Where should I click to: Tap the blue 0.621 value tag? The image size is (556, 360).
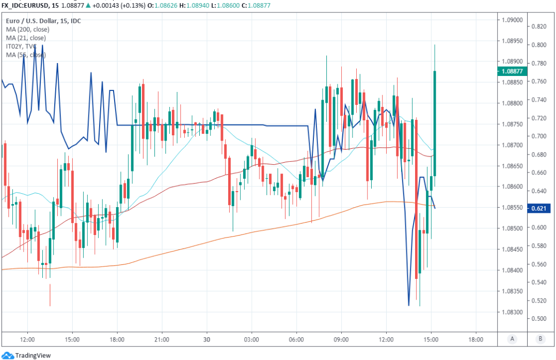538,208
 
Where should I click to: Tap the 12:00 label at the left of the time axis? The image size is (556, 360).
27,339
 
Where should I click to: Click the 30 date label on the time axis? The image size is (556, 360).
206,339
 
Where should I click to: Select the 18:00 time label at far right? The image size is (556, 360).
475,339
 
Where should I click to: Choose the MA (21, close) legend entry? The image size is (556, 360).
26,38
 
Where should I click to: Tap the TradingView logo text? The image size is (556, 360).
33,355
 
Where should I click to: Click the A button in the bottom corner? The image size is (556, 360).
512,339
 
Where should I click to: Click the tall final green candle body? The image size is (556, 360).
435,124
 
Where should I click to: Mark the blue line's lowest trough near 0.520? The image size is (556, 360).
409,305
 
